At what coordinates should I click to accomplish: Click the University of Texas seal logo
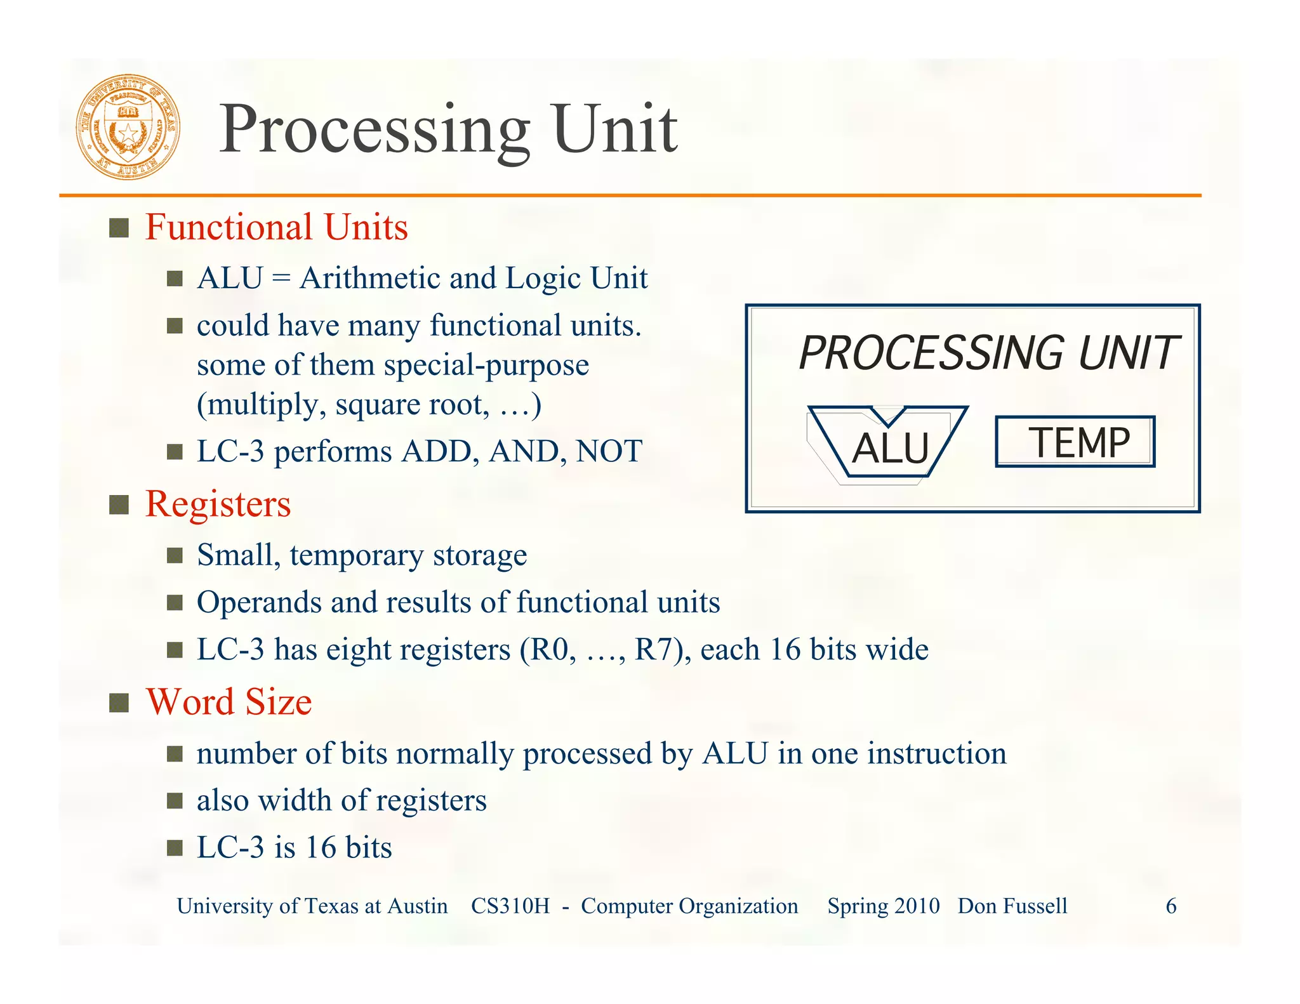pos(128,127)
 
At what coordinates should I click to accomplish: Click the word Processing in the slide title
pos(375,129)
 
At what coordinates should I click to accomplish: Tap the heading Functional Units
pos(276,227)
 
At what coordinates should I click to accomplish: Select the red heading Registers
pos(218,504)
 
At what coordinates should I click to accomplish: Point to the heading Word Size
pos(229,702)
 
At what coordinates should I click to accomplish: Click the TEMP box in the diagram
pos(1075,442)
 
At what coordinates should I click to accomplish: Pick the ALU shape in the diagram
pos(889,444)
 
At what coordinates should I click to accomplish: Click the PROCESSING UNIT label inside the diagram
pos(988,353)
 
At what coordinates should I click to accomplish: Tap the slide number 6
pos(1171,906)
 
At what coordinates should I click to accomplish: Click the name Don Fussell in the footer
pos(1012,906)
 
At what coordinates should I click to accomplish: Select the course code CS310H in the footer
pos(510,906)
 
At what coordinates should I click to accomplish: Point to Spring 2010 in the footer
pos(883,906)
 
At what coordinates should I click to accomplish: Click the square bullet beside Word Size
pos(119,703)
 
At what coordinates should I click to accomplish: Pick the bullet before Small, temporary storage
pos(175,556)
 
